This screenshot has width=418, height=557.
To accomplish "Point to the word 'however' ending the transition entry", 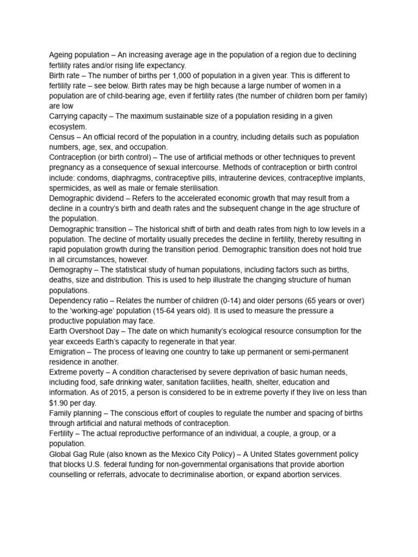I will (132, 259).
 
